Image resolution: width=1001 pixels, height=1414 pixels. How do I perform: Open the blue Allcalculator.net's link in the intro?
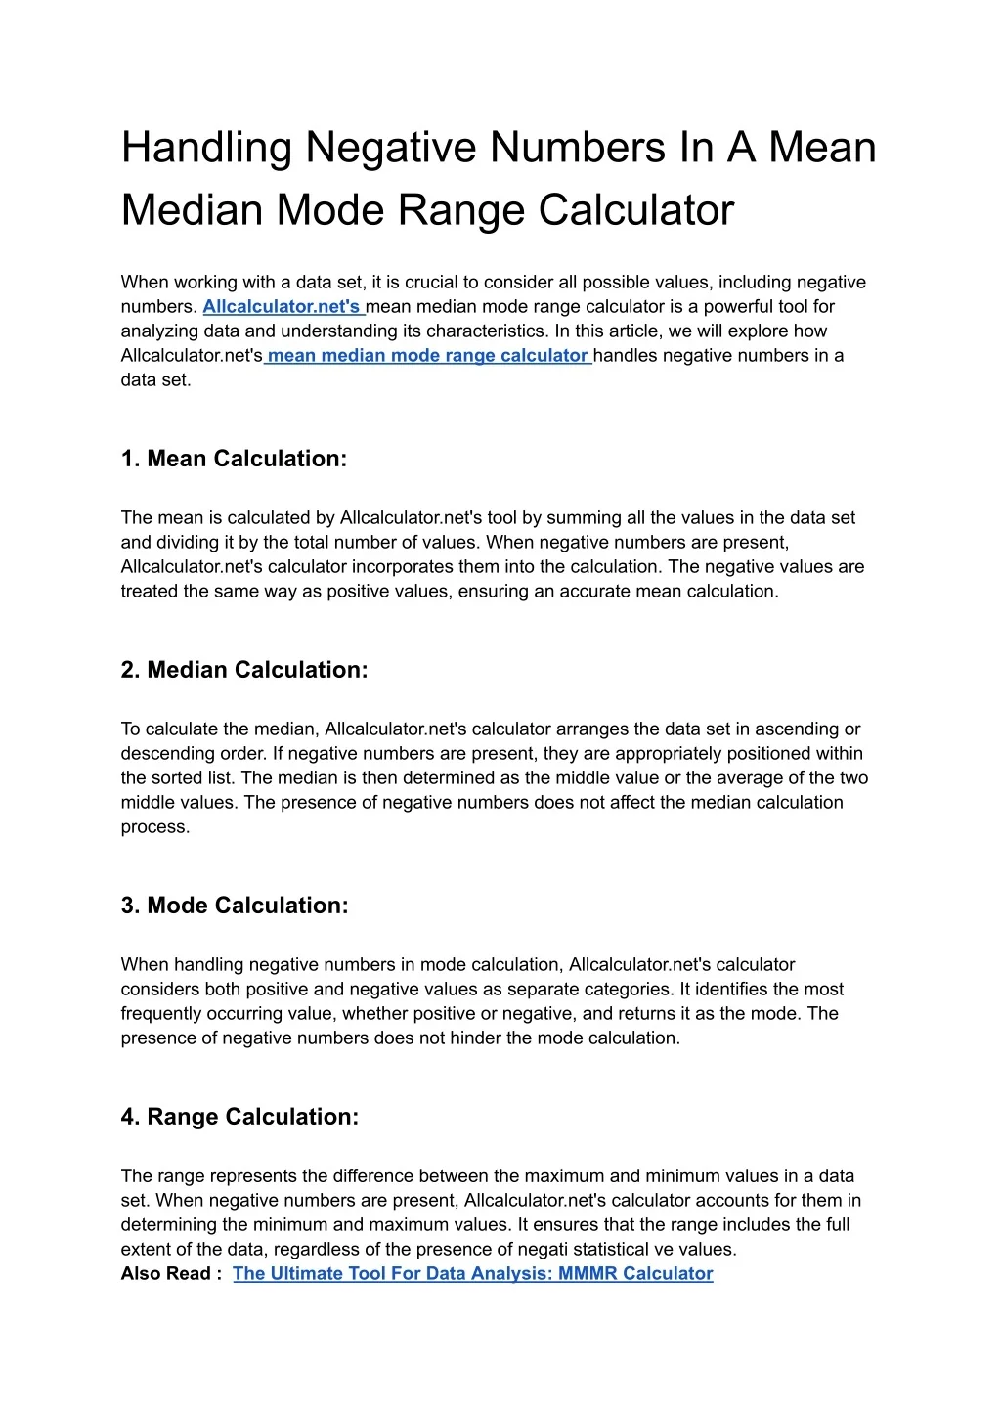[283, 307]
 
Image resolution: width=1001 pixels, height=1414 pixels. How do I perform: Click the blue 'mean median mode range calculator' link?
[427, 356]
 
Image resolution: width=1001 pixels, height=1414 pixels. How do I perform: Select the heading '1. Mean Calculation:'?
[234, 459]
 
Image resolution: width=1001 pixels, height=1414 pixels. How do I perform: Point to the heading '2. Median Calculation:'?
[244, 670]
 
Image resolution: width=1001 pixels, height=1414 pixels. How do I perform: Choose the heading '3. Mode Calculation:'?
[235, 906]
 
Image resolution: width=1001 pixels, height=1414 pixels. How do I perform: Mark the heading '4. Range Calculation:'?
[239, 1117]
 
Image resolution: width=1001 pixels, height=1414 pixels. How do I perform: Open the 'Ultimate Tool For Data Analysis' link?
[472, 1274]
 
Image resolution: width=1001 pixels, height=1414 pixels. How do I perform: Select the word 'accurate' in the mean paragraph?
[594, 592]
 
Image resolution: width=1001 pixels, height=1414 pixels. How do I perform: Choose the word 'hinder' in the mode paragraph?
[476, 1038]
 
